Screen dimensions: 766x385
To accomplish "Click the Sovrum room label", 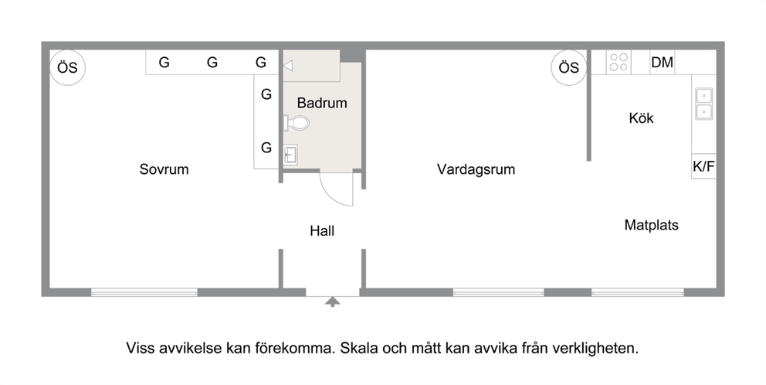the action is coord(164,169).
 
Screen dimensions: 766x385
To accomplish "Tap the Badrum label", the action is coord(322,103).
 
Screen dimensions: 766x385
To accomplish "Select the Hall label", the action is coord(322,231).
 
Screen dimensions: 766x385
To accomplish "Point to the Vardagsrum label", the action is coord(476,170).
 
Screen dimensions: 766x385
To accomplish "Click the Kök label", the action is coord(641,118).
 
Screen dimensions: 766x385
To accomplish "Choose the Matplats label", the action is coord(652,225).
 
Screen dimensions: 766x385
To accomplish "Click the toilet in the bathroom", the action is coord(296,122).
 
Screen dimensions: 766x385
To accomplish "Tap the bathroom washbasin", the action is coord(290,154).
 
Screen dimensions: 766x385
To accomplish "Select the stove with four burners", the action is coord(619,62).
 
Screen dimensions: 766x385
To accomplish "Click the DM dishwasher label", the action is coord(662,63).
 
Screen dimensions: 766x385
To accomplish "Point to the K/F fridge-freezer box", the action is coord(703,166).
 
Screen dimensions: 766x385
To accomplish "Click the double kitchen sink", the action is coord(704,104).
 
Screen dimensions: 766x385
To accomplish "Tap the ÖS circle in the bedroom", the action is coord(67,67).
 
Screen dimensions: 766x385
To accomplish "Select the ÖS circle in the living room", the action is coord(568,67).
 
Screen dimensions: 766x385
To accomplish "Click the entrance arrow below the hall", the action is coord(333,302).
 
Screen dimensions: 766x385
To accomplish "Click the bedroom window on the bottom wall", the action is coord(144,292).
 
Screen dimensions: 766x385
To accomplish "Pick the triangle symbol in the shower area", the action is coord(288,66).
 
